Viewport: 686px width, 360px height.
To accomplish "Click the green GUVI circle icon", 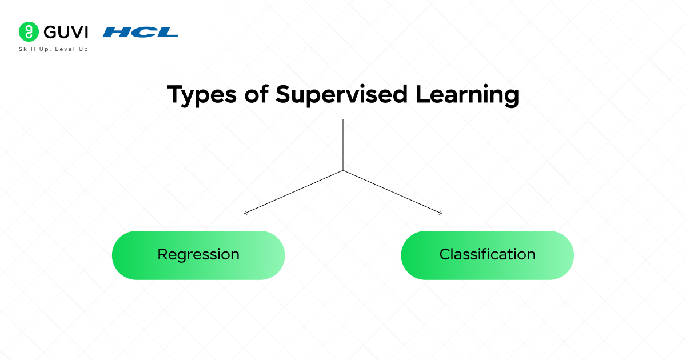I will tap(28, 32).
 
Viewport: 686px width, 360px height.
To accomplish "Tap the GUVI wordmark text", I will tap(63, 32).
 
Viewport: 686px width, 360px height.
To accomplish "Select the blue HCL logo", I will tap(140, 32).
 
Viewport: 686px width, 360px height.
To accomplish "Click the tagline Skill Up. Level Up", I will tap(53, 49).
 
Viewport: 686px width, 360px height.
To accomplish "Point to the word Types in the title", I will tap(200, 95).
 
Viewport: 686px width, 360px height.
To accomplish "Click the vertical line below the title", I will tap(343, 143).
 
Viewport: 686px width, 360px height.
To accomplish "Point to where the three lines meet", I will tap(343, 170).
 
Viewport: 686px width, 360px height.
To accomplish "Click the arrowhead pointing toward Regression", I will tap(246, 213).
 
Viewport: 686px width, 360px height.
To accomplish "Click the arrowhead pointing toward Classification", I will tap(440, 213).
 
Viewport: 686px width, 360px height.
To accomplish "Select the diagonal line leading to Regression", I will tap(294, 191).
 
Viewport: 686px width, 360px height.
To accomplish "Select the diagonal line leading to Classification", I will tap(392, 191).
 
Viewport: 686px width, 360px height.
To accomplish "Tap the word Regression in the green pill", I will tap(198, 255).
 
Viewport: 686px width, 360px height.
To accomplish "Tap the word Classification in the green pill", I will tap(487, 255).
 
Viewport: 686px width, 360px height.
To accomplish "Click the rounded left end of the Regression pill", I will tap(123, 255).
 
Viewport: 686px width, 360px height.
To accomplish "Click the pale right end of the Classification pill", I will tap(563, 255).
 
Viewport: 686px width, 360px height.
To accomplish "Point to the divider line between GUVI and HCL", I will tap(95, 32).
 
